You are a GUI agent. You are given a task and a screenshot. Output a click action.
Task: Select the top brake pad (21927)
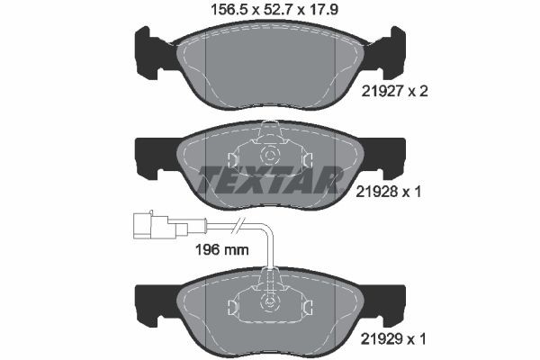(x=270, y=67)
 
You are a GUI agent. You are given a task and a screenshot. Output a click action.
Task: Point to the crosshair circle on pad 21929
(x=270, y=301)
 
